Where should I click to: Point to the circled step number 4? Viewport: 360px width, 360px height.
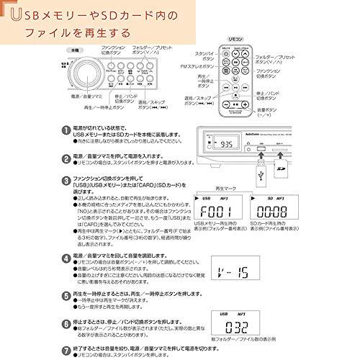[x=67, y=256]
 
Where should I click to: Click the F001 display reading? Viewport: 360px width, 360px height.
[x=215, y=213]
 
